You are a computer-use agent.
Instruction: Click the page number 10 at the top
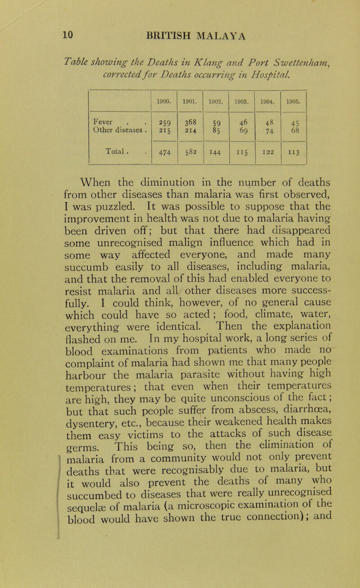tap(48, 34)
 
